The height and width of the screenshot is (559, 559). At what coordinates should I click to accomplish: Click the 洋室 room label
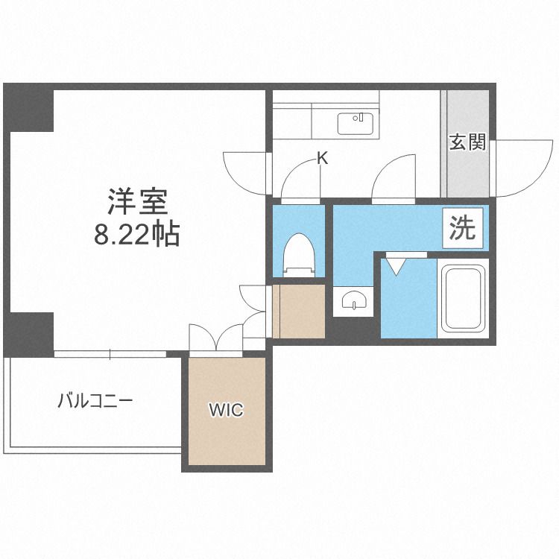(136, 202)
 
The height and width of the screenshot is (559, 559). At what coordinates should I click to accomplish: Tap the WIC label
(225, 410)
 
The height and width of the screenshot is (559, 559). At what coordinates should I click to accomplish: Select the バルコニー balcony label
(95, 402)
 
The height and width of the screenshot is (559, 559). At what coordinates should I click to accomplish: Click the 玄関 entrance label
(467, 142)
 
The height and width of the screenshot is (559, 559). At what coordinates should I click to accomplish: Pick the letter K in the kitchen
(322, 158)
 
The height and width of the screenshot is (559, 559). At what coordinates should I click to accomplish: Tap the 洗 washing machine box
(463, 228)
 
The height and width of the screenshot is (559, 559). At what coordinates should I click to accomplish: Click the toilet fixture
(299, 254)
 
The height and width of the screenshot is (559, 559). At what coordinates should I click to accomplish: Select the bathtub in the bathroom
(463, 298)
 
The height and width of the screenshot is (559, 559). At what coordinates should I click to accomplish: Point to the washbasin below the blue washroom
(352, 300)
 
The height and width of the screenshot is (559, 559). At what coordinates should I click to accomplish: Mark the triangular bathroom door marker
(395, 264)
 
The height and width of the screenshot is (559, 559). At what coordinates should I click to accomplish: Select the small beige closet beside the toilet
(300, 311)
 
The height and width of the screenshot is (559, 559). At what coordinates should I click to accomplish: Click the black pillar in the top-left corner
(30, 109)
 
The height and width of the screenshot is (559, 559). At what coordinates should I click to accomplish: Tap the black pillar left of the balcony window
(30, 331)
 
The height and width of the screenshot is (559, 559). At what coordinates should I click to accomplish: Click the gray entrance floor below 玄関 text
(467, 176)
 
